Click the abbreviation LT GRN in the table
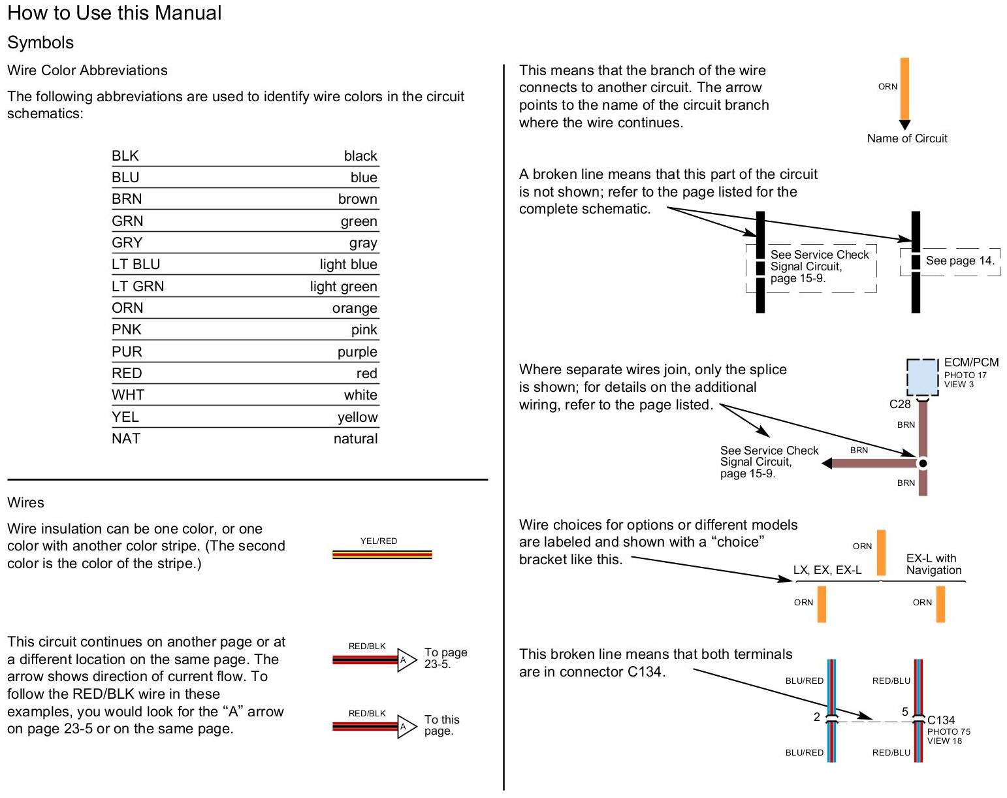click(138, 286)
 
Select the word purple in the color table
click(357, 351)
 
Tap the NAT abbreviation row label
click(126, 438)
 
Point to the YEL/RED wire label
click(379, 541)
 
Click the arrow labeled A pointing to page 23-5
click(406, 660)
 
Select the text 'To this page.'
click(441, 725)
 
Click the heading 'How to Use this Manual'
click(114, 13)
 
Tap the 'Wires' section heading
click(25, 502)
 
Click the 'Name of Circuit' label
click(907, 138)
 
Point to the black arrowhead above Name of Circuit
click(904, 125)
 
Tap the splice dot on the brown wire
click(923, 463)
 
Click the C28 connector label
click(899, 404)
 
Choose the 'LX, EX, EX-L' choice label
click(827, 570)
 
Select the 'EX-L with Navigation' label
click(933, 564)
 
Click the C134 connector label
click(941, 720)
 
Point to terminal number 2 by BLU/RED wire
click(816, 717)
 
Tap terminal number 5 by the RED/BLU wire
click(905, 712)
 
